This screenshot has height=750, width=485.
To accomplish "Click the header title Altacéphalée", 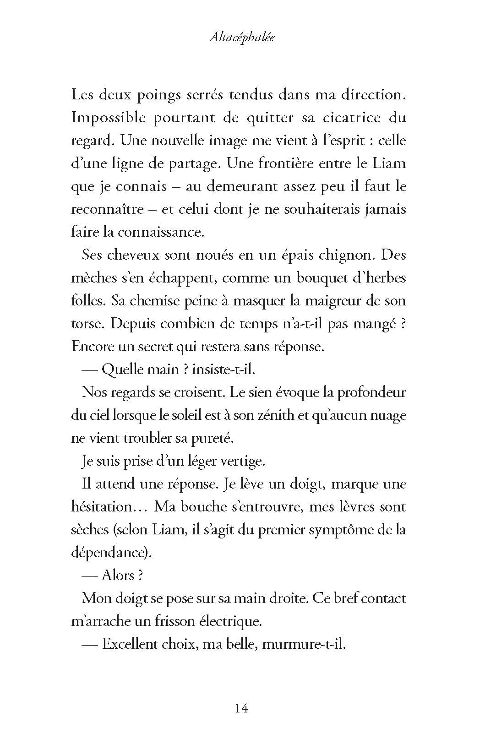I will pos(242,37).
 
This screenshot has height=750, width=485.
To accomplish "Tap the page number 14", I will pos(241,708).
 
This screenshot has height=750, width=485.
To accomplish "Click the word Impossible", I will pos(109,118).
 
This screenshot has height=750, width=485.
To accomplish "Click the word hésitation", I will pos(108,507).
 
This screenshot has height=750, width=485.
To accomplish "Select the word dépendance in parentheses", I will pos(110,553).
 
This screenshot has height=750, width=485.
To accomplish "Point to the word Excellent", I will pos(130,644).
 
